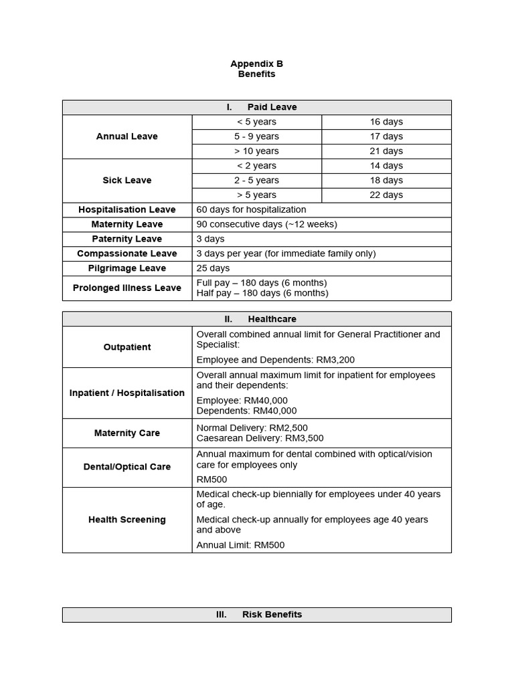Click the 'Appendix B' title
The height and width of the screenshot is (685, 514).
click(x=256, y=64)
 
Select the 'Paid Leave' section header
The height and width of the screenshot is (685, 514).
click(x=271, y=107)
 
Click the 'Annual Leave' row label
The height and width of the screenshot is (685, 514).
click(x=127, y=136)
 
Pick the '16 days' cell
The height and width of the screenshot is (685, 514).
click(x=386, y=122)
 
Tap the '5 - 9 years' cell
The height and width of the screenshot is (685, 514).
click(x=256, y=136)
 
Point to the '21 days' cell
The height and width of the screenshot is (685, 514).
click(x=386, y=151)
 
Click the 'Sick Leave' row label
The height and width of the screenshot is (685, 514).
click(x=127, y=181)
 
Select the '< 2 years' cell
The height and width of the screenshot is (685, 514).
click(x=256, y=166)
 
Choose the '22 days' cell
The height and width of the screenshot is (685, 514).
click(x=386, y=195)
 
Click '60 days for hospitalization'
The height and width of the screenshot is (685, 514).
click(x=251, y=210)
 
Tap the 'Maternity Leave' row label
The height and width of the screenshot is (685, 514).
click(x=127, y=225)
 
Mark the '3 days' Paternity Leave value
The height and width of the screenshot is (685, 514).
click(x=210, y=239)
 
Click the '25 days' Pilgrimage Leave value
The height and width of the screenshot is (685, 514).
click(x=213, y=268)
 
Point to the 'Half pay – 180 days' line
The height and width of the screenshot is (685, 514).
click(x=262, y=293)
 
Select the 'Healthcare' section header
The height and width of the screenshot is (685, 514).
click(x=271, y=319)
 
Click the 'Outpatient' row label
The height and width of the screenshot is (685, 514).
click(x=127, y=347)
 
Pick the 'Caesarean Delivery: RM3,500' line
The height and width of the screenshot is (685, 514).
click(x=260, y=438)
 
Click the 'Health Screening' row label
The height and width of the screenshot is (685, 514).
click(x=127, y=520)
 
